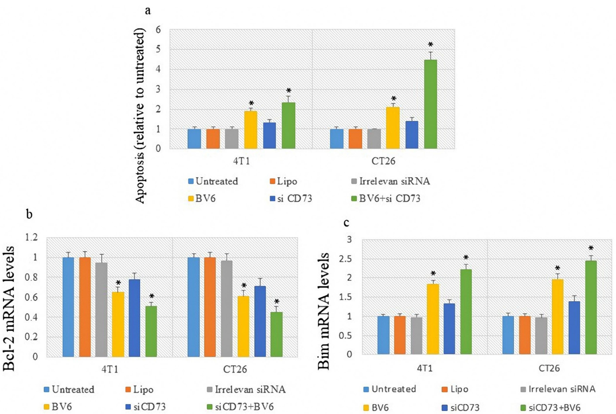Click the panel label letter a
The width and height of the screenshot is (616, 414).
(x=148, y=11)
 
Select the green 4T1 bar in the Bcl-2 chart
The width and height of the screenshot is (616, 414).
(x=151, y=331)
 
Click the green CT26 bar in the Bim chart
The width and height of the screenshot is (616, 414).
(x=591, y=307)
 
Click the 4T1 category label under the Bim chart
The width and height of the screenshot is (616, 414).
(x=425, y=368)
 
